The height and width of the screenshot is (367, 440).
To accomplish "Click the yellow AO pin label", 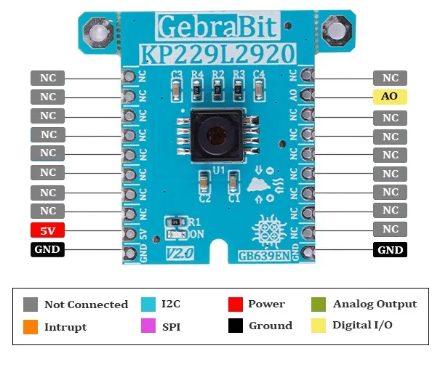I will click(x=389, y=97).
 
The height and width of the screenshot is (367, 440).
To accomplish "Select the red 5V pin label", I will click(x=47, y=231).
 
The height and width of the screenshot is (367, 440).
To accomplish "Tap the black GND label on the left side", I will click(x=47, y=250).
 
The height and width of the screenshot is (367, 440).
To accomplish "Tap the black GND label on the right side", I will click(x=390, y=250).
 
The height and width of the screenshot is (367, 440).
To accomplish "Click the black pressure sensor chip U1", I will click(x=216, y=135).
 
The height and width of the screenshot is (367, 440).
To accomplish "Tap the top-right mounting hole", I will click(x=336, y=30).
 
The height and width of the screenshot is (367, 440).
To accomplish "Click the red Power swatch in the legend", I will click(x=235, y=304).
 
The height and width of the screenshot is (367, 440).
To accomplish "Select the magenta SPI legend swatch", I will click(x=150, y=326).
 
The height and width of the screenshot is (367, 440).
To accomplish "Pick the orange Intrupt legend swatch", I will click(x=31, y=326).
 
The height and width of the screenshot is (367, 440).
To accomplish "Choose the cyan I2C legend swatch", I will click(x=150, y=304).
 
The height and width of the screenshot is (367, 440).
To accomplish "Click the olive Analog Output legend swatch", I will click(x=318, y=304).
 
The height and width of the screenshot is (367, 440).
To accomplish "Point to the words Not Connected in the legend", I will click(x=86, y=305).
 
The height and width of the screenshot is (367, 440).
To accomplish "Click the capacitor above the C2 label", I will click(x=205, y=182).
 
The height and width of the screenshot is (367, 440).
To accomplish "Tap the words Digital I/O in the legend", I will click(x=363, y=325).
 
